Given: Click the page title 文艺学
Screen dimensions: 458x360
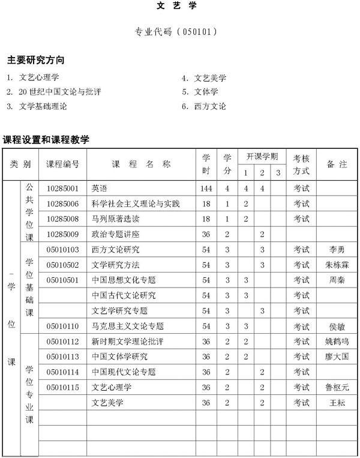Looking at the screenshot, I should point(181,8).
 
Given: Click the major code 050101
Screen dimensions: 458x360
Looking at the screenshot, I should point(181,31).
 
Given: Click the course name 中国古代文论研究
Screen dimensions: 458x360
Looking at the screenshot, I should point(124,295).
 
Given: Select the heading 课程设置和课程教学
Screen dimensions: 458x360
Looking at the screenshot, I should point(46,140).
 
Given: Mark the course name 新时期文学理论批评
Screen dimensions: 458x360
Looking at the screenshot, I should point(128,342).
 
